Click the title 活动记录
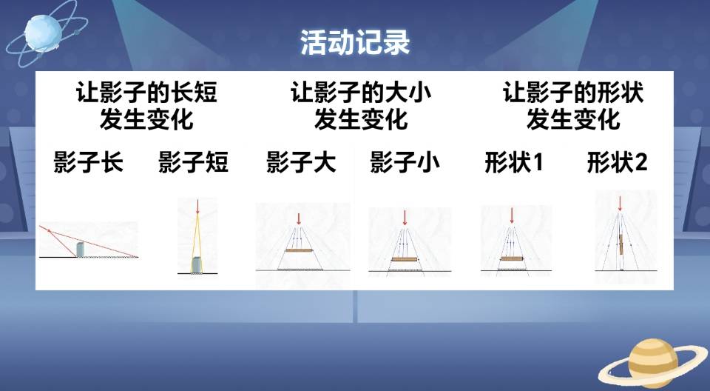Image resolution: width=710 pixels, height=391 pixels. point(355,43)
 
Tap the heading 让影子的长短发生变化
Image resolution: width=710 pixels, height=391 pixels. point(146,106)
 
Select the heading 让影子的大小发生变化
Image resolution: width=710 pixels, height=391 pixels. point(361,106)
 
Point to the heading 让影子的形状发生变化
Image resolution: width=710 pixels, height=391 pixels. point(573,106)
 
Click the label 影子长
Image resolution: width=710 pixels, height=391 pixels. point(88,162)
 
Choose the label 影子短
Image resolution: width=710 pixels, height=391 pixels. point(193,162)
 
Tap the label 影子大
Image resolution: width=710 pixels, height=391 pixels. point(301,162)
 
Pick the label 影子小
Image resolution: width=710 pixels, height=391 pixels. point(405,162)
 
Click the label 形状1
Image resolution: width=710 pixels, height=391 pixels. point(514,162)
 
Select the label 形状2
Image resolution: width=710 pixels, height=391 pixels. point(617,162)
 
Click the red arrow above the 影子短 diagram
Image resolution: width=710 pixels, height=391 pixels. point(197,207)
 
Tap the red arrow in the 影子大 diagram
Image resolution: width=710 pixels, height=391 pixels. point(298,218)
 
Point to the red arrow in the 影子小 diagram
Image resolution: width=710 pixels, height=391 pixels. point(405,218)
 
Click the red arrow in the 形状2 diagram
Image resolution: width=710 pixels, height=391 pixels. point(620,204)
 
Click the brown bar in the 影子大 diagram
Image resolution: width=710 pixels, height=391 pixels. point(299,250)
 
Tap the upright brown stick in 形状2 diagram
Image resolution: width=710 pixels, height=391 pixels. point(621,244)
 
